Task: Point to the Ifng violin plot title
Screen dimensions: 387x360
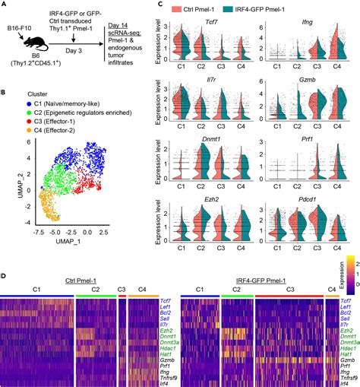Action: click(296, 23)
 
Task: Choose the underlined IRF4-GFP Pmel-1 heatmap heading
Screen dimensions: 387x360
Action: click(256, 282)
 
